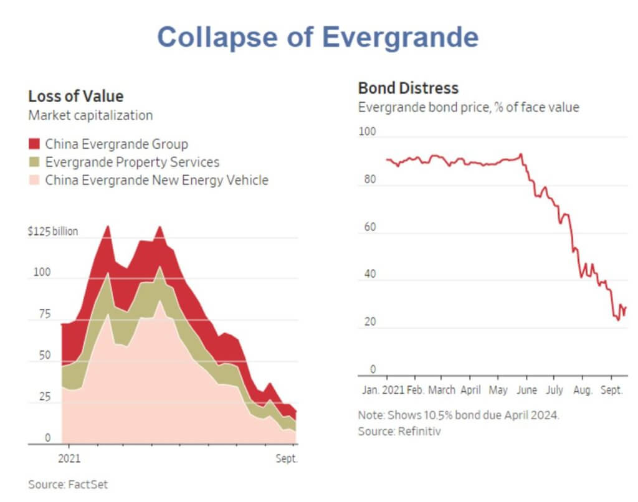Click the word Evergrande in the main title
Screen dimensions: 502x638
pyautogui.click(x=400, y=37)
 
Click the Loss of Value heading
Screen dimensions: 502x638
pyautogui.click(x=76, y=96)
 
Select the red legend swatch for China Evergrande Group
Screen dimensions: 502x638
pyautogui.click(x=35, y=144)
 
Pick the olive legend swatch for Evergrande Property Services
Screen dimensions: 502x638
pyautogui.click(x=35, y=163)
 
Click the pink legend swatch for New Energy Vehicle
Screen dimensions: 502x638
pyautogui.click(x=35, y=181)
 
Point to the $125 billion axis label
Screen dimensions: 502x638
pyautogui.click(x=54, y=232)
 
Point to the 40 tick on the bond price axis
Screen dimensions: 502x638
pyautogui.click(x=370, y=275)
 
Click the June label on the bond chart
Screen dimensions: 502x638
pyautogui.click(x=526, y=391)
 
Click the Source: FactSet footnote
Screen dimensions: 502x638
pyautogui.click(x=64, y=484)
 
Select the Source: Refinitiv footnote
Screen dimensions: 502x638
pyautogui.click(x=399, y=431)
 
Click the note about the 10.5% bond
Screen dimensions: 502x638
pyautogui.click(x=459, y=415)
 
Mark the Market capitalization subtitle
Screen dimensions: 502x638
pyautogui.click(x=90, y=115)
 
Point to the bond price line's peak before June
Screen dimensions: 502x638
pyautogui.click(x=520, y=154)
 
